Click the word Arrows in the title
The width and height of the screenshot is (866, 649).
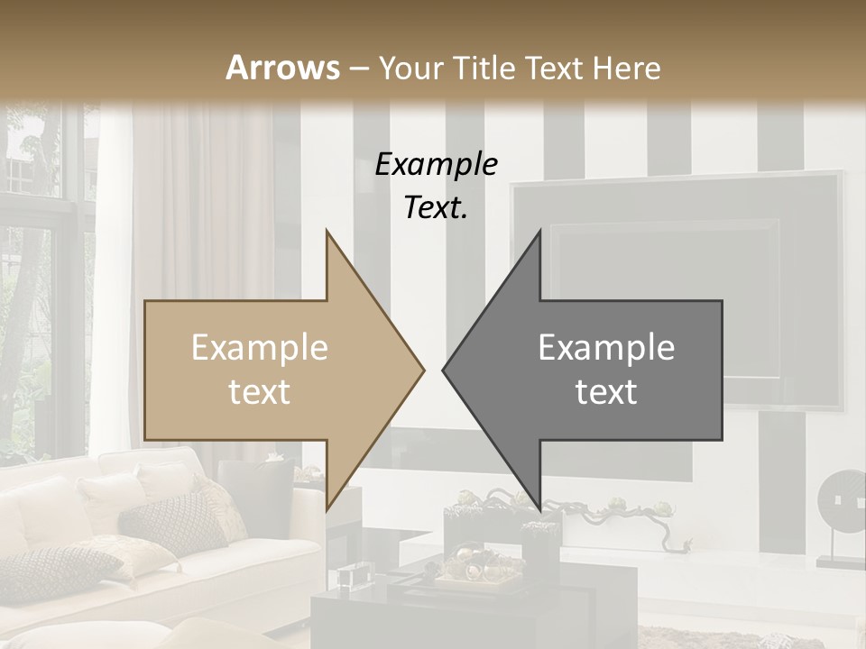283,68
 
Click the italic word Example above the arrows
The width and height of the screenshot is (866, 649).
436,164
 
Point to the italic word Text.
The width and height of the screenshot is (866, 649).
436,207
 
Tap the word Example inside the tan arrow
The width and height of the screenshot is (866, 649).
260,348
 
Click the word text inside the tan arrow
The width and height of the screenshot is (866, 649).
260,392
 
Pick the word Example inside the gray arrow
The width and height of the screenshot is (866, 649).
606,348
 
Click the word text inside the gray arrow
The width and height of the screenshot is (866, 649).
606,392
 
